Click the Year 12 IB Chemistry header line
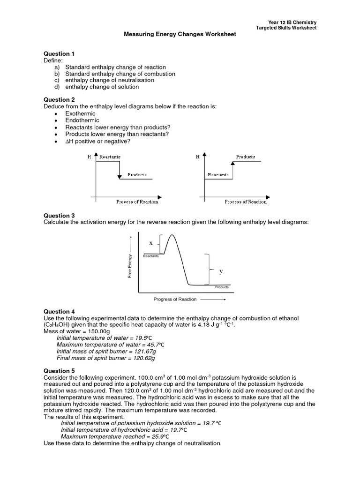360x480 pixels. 292,22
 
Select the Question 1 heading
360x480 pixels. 59,54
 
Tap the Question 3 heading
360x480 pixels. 59,216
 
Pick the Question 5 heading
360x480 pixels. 59,371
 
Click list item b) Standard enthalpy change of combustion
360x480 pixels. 115,74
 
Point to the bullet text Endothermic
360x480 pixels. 80,120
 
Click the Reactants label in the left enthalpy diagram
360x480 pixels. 110,157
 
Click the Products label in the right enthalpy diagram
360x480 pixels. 246,157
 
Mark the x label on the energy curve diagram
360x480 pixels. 151,243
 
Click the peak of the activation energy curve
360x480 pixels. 173,235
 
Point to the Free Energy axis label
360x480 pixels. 131,265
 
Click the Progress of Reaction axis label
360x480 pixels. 175,299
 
